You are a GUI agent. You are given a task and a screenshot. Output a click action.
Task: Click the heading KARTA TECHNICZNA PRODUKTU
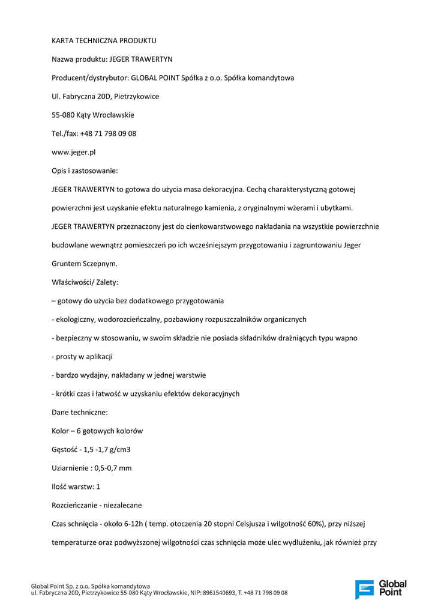[104, 40]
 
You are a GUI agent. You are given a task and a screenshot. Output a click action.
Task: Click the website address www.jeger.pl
[74, 152]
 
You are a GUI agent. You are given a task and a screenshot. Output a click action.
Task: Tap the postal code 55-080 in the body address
[63, 115]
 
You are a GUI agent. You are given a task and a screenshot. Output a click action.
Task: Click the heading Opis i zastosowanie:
[85, 171]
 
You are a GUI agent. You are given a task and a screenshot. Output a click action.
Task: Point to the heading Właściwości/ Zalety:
[85, 282]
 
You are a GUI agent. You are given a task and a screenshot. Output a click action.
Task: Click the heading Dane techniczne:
[80, 412]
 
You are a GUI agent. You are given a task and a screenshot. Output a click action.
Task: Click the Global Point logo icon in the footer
[364, 589]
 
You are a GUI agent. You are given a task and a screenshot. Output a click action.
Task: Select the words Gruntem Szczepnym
[85, 263]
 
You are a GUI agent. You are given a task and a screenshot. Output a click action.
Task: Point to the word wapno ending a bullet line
[346, 338]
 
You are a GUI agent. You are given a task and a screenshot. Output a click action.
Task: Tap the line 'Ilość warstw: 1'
[76, 486]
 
